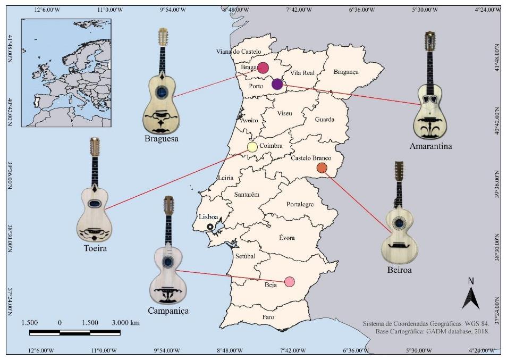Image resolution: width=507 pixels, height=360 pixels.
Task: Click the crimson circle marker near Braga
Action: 263,68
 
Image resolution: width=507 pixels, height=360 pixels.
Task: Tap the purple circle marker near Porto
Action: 277,83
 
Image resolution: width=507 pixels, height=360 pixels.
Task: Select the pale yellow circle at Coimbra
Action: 252,147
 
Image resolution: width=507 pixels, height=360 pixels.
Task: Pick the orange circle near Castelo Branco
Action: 322,168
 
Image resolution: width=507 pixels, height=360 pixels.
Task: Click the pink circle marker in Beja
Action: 290,281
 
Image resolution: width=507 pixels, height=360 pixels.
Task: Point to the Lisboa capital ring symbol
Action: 210,227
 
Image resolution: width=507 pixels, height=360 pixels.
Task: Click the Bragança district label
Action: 346,72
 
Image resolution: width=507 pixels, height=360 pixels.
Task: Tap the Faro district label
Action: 268,317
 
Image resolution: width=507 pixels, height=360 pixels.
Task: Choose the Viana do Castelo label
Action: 239,52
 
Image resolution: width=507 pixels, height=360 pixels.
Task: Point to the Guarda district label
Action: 325,120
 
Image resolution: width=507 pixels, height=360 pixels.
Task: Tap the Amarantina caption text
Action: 431,146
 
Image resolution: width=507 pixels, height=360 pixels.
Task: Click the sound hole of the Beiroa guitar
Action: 399,222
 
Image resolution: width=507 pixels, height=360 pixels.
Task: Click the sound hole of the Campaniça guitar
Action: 168,261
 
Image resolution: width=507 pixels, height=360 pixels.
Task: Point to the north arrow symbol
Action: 471,296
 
